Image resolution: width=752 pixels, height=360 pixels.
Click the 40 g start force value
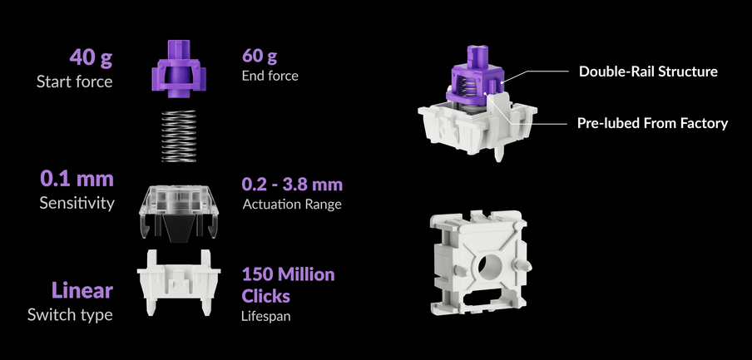pos(91,58)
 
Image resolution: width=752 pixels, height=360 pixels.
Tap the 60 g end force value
pos(260,56)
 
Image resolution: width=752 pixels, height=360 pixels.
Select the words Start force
pos(74,81)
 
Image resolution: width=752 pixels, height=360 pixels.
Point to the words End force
pos(270,76)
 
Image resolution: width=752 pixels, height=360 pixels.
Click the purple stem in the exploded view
pos(179,68)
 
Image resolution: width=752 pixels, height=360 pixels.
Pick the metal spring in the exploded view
pos(179,136)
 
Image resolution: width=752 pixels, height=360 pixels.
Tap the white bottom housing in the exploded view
pos(179,282)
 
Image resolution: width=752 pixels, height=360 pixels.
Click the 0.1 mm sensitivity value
pos(77,179)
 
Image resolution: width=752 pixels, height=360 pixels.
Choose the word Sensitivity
pos(77,203)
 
